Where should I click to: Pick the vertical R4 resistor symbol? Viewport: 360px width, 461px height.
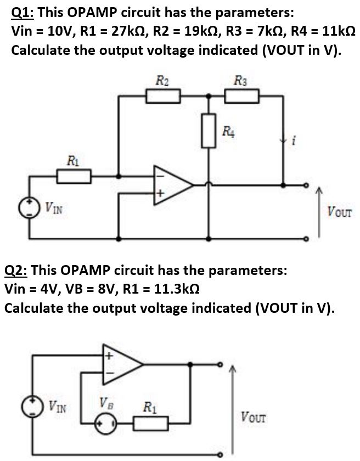click(208, 131)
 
